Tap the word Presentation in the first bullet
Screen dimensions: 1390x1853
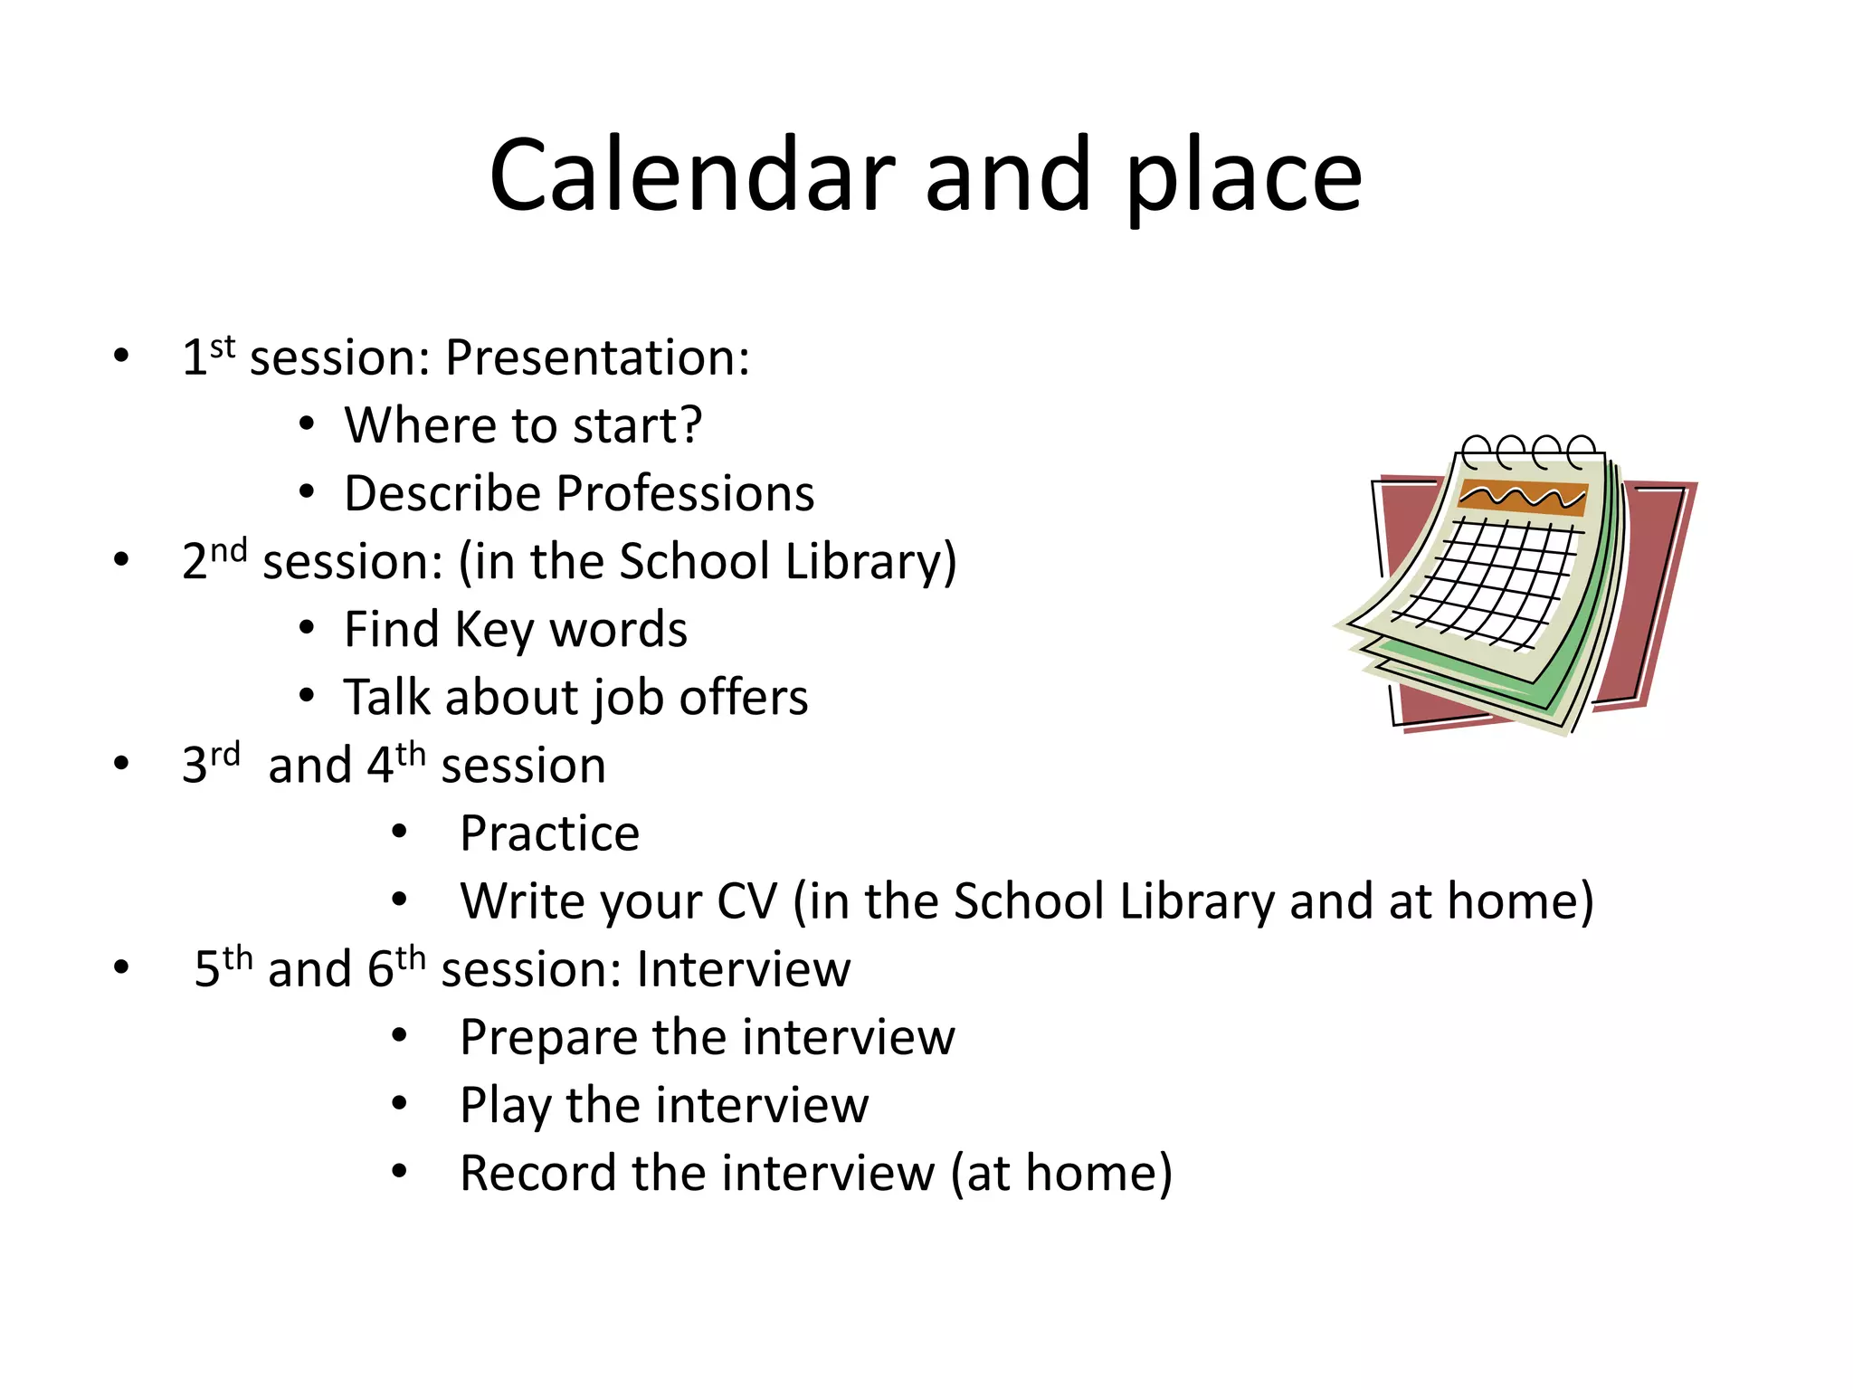click(596, 358)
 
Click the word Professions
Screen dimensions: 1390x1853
click(685, 494)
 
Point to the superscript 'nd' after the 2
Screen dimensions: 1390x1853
click(228, 550)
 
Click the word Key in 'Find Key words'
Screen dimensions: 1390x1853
click(494, 631)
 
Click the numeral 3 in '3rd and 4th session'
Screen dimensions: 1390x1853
click(195, 766)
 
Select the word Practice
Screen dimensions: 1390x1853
click(549, 833)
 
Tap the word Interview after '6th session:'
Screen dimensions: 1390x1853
click(743, 969)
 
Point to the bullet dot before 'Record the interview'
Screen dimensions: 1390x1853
click(400, 1173)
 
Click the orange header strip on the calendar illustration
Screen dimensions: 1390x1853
click(1524, 498)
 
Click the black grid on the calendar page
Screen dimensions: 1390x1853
click(1493, 579)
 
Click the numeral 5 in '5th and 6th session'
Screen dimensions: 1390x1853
click(207, 970)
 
